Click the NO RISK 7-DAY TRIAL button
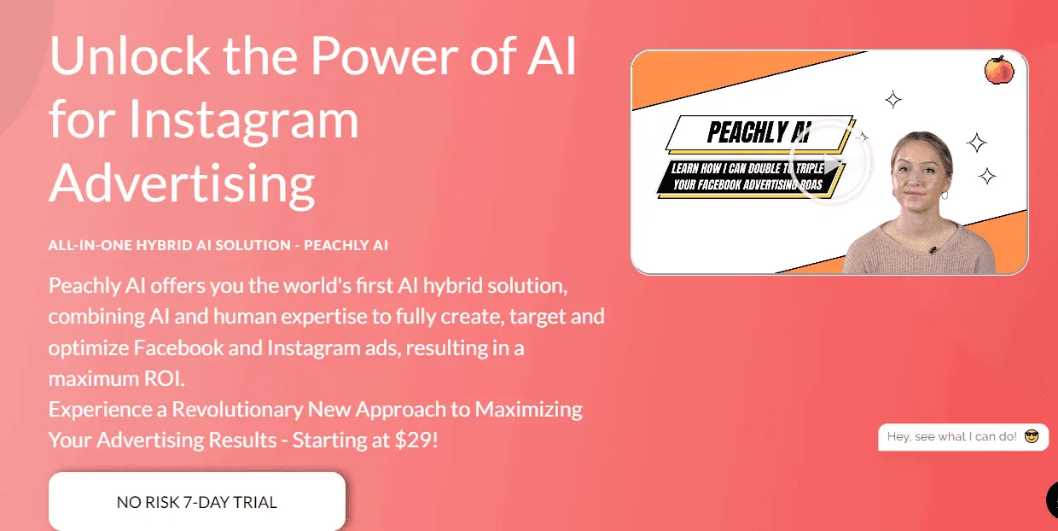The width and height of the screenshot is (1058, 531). coord(197,501)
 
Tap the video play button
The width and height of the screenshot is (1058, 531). coord(830,162)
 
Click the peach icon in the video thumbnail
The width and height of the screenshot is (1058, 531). coord(999,70)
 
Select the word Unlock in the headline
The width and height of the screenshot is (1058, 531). coord(130,55)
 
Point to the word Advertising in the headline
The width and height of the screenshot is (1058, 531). coord(182,184)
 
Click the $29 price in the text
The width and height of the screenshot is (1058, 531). coord(412,440)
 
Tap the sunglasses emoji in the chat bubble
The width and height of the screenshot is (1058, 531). coord(1032,436)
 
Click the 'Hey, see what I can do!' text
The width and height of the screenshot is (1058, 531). coord(951,436)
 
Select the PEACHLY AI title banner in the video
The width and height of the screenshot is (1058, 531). coord(759,132)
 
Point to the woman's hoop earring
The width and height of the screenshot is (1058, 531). coord(945,195)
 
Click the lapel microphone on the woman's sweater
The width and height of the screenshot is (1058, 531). coord(933,250)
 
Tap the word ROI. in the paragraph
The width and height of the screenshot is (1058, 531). coord(164,378)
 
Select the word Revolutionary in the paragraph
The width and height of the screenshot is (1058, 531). coord(237,410)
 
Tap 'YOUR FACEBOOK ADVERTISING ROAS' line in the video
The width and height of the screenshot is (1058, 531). coord(747,184)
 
